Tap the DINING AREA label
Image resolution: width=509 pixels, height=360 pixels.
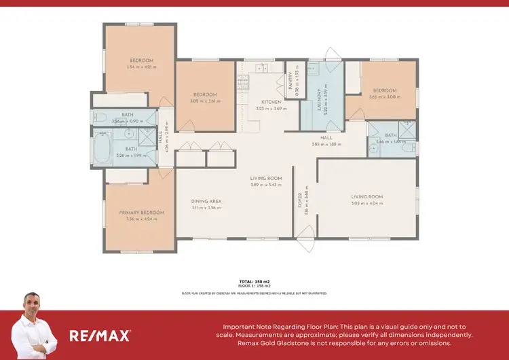click(x=206, y=201)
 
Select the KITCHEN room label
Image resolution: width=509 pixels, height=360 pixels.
click(x=262, y=102)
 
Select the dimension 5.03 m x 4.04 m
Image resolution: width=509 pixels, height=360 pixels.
click(x=366, y=203)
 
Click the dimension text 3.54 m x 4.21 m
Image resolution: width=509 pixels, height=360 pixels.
click(x=141, y=67)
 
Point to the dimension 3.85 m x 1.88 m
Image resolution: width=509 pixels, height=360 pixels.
click(x=325, y=144)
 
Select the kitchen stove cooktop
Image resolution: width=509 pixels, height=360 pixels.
click(x=242, y=82)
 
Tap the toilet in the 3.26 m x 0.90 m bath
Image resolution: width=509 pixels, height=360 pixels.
click(x=98, y=118)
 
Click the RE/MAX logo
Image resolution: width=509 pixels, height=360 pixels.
click(x=100, y=335)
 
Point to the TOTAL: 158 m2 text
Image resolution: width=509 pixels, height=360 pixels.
click(x=254, y=281)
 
